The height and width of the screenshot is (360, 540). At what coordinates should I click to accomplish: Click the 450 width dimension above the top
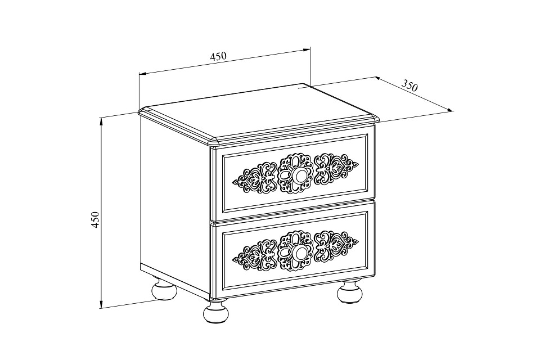pos(218,56)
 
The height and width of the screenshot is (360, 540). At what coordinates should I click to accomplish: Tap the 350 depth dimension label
pos(409,85)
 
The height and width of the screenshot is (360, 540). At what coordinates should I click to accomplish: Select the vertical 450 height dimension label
pos(96,219)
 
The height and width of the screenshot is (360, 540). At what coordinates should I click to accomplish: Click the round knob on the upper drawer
pos(298,175)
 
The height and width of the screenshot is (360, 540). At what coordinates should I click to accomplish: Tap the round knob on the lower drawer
pos(298,252)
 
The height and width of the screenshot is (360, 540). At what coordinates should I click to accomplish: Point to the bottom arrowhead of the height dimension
pos(101,304)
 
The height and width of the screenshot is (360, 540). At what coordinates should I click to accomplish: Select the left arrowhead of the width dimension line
pos(142,74)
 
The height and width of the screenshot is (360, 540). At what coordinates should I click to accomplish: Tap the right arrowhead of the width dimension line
pos(307,50)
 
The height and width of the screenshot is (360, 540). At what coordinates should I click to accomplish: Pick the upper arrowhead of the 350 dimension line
pos(378,79)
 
